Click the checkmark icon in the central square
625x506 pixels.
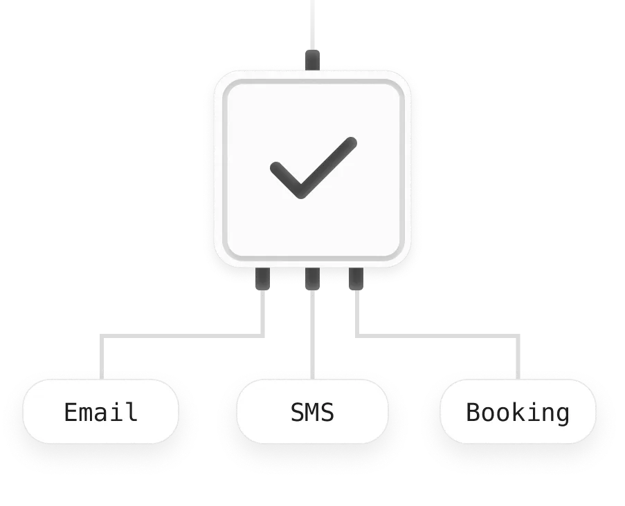312,167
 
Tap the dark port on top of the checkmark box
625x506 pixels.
313,59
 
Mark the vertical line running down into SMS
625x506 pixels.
313,335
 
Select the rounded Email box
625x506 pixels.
101,412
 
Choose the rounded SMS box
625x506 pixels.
312,412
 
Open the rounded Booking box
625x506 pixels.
518,412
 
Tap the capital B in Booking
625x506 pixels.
473,412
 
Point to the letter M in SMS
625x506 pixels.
312,412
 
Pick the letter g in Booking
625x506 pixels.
563,414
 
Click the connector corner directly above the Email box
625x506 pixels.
102,337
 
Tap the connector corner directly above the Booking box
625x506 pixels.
517,337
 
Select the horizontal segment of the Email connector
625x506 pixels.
183,337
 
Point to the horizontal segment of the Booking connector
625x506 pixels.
436,337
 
